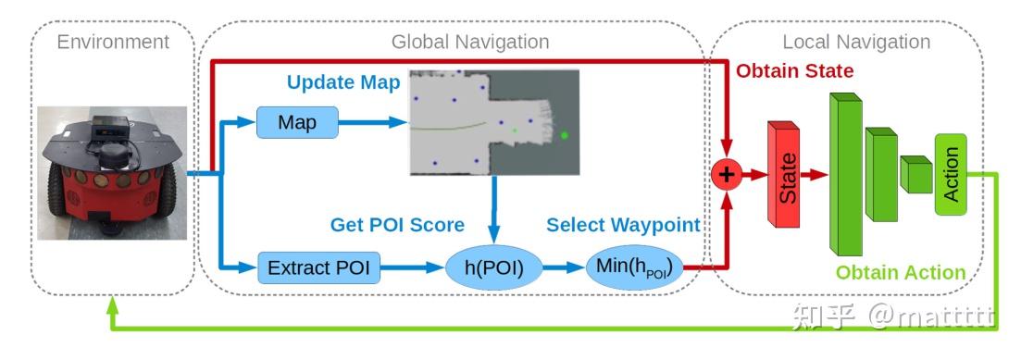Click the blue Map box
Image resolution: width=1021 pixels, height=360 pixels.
click(297, 123)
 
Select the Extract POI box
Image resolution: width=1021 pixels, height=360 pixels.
click(318, 269)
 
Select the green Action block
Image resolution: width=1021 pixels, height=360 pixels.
click(951, 174)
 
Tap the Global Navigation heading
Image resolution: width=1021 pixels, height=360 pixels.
click(469, 42)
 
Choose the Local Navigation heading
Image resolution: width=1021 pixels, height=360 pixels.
click(855, 42)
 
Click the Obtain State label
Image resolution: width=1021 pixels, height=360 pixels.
click(794, 70)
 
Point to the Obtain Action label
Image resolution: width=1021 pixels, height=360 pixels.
click(900, 272)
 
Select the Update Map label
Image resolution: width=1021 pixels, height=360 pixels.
click(343, 82)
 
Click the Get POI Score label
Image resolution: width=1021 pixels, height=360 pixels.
click(397, 225)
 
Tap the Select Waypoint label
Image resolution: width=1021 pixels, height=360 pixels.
click(623, 225)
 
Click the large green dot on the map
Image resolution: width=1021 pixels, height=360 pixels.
click(565, 136)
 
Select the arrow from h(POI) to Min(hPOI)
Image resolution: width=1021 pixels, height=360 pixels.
click(562, 269)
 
